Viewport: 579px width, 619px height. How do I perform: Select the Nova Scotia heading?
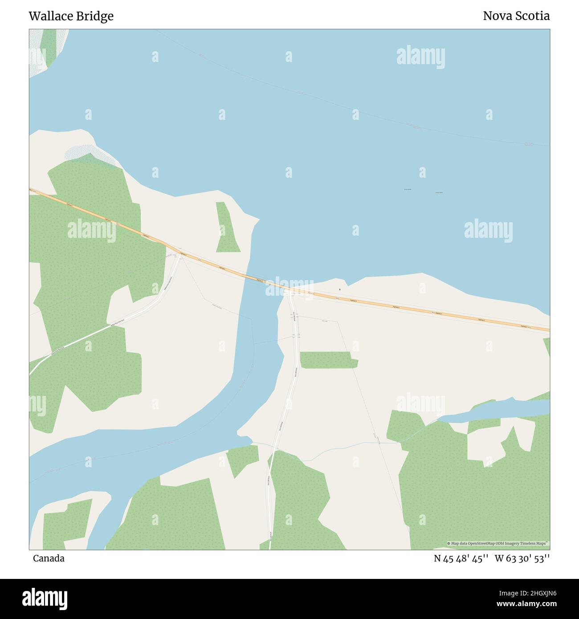[x=516, y=16]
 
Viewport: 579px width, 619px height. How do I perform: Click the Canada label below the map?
[x=49, y=558]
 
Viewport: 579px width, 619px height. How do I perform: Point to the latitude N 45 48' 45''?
[x=461, y=558]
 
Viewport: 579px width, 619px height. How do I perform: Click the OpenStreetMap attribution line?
[x=498, y=543]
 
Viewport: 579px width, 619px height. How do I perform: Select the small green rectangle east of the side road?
[x=328, y=360]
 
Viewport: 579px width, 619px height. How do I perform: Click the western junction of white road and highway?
[x=180, y=255]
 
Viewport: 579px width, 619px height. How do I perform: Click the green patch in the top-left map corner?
[x=48, y=45]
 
